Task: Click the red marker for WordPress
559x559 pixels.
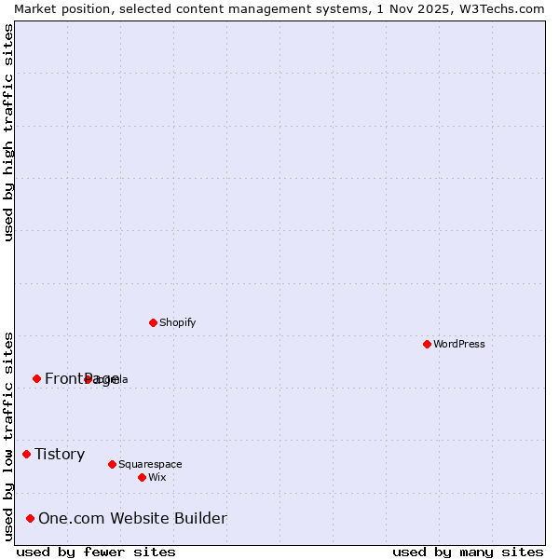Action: tap(427, 344)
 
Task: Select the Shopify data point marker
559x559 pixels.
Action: tap(153, 322)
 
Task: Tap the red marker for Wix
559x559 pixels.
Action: tap(142, 477)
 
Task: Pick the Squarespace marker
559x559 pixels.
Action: tap(112, 464)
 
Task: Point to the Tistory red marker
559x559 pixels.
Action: tap(26, 454)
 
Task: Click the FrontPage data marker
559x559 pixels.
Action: tap(36, 378)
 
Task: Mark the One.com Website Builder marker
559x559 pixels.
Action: tap(30, 518)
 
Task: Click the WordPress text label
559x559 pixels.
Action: tap(459, 344)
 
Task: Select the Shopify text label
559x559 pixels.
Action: tap(177, 322)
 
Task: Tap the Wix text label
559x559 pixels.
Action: tap(157, 477)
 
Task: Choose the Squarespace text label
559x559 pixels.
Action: tap(150, 464)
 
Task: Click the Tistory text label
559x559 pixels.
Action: tap(60, 454)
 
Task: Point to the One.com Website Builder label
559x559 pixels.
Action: tap(132, 518)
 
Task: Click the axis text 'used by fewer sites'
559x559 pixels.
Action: tap(96, 552)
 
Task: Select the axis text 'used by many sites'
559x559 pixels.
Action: tap(468, 552)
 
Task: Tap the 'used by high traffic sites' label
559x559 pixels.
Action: tap(8, 132)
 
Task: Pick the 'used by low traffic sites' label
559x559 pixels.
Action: tap(8, 436)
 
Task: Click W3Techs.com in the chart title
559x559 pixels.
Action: tap(506, 7)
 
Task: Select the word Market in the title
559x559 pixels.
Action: tap(34, 7)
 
